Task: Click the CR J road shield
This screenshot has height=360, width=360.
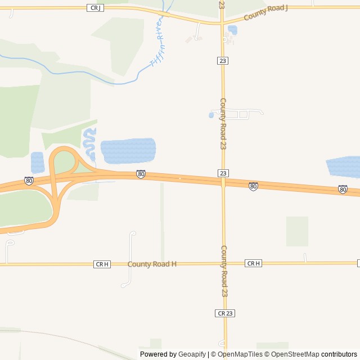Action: [x=94, y=7]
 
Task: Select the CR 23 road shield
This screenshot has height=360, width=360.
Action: [x=225, y=313]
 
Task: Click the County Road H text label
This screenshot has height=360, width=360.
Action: [x=152, y=264]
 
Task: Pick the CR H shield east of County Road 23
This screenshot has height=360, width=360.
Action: [x=253, y=263]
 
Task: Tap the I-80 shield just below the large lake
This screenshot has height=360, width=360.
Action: [x=141, y=174]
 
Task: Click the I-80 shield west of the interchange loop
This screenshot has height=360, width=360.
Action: [x=29, y=181]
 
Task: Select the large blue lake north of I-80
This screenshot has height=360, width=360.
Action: [x=128, y=151]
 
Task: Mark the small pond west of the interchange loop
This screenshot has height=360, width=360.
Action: [x=37, y=162]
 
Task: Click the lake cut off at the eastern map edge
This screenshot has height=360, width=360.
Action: [x=344, y=166]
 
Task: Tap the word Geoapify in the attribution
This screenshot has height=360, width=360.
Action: [x=192, y=354]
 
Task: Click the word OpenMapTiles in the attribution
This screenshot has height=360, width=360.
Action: [x=240, y=354]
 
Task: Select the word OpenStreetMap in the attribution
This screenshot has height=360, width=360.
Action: [x=291, y=354]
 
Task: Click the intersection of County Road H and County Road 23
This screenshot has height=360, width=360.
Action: [x=223, y=263]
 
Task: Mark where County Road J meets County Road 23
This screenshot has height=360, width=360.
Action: [x=222, y=22]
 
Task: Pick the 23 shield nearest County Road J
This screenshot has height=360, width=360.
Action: [x=223, y=60]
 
